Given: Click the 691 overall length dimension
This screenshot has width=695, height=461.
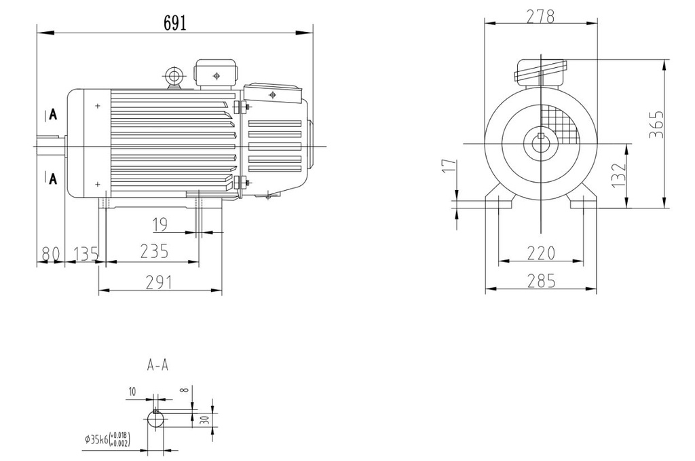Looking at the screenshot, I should (174, 22).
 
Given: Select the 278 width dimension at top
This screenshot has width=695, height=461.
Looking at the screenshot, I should (540, 16).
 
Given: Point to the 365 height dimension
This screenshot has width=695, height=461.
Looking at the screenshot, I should (656, 124).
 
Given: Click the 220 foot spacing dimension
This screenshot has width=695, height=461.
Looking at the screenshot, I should (541, 253).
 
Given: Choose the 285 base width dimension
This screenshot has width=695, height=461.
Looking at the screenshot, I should (541, 280).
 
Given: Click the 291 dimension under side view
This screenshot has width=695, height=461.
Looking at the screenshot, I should (159, 282).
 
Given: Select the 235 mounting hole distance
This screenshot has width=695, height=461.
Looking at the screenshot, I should (154, 251).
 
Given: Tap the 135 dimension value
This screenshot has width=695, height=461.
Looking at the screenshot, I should (85, 253).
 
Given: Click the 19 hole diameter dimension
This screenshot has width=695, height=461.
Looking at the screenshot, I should (160, 223).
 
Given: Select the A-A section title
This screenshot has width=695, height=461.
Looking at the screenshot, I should (157, 365).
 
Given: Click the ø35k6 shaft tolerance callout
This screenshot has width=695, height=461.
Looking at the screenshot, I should (107, 439).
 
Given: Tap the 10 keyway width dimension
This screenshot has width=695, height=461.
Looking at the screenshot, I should (131, 391).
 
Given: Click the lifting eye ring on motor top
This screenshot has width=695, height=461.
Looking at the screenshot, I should (174, 74).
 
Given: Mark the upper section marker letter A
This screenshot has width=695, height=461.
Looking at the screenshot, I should (53, 115).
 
